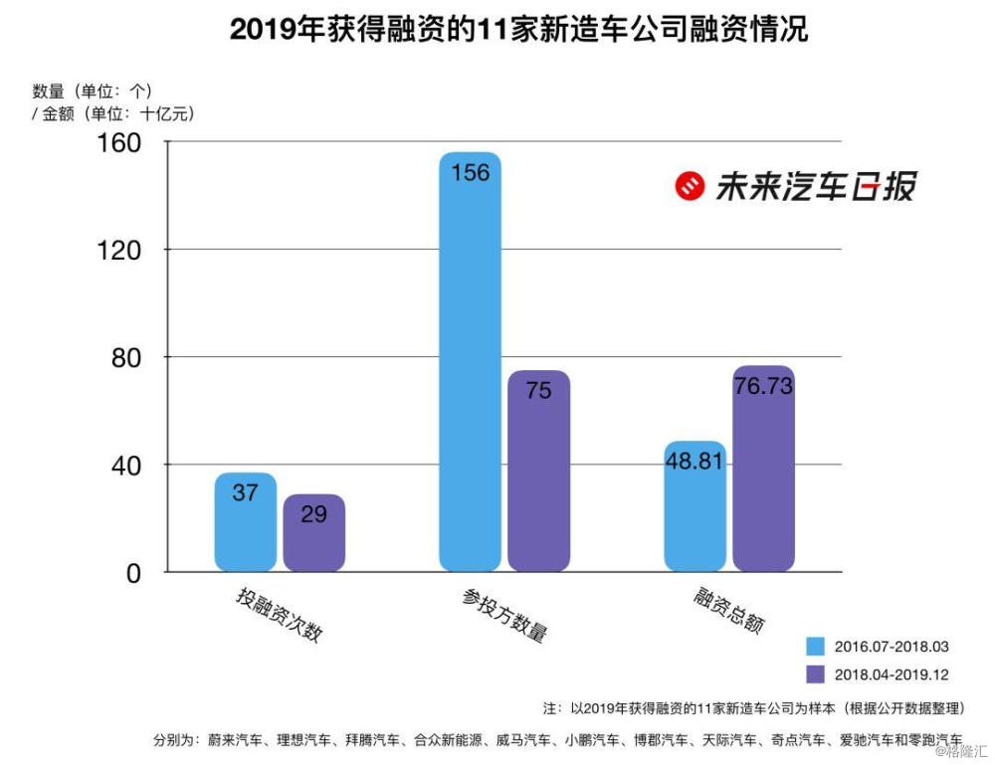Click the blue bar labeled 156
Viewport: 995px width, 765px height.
pyautogui.click(x=470, y=362)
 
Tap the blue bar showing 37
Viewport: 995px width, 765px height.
pyautogui.click(x=246, y=521)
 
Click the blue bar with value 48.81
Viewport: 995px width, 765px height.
pyautogui.click(x=695, y=506)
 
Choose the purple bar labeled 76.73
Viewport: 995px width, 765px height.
pyautogui.click(x=763, y=469)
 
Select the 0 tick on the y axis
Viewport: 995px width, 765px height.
pyautogui.click(x=132, y=572)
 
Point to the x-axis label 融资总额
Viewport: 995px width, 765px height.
pyautogui.click(x=729, y=610)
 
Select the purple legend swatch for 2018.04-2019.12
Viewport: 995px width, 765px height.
pyautogui.click(x=815, y=673)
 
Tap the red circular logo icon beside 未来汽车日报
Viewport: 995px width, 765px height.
pyautogui.click(x=690, y=186)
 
